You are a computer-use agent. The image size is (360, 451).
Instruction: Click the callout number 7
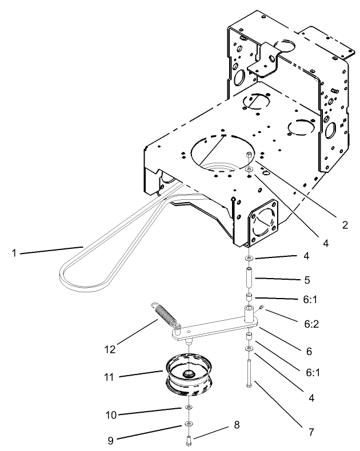point(311,433)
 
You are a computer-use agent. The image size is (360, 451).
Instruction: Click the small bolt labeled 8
point(188,439)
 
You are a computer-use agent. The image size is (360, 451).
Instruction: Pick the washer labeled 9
point(188,424)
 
